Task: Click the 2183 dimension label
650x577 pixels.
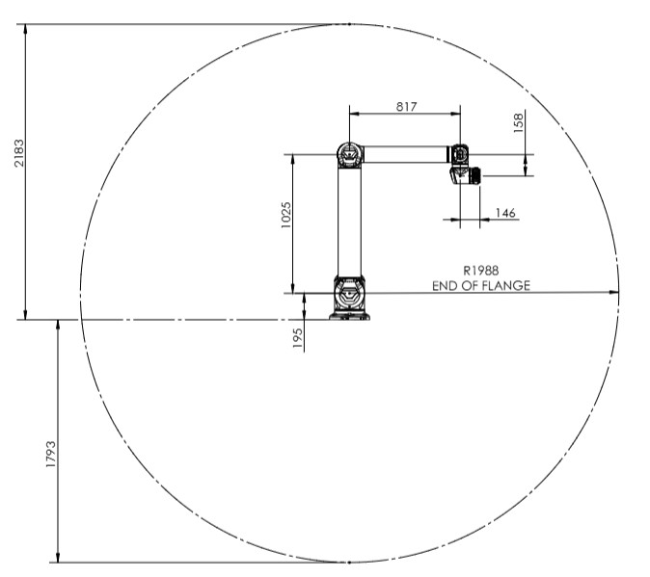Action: [x=19, y=153]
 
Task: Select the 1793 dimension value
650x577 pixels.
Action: [x=50, y=455]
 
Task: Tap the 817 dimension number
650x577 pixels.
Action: [x=406, y=107]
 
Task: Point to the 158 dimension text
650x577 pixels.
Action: [x=519, y=123]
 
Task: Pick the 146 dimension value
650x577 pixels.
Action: [x=505, y=213]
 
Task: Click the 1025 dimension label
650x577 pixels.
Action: [x=286, y=215]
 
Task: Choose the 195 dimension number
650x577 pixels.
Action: [x=298, y=338]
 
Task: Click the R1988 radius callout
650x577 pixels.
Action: [x=481, y=271]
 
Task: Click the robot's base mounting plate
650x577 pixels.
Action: [x=349, y=317]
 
